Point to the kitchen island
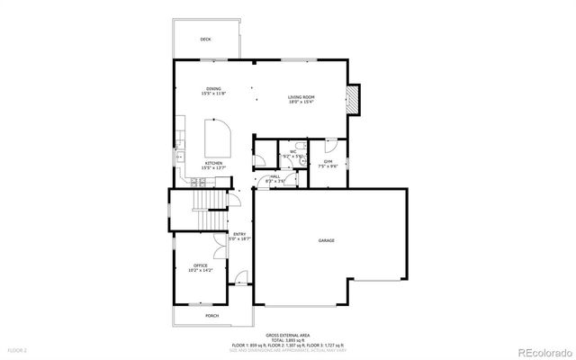[218, 140]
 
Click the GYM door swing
[331, 143]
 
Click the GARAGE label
[326, 241]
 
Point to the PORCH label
[211, 316]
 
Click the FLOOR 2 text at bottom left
[18, 350]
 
